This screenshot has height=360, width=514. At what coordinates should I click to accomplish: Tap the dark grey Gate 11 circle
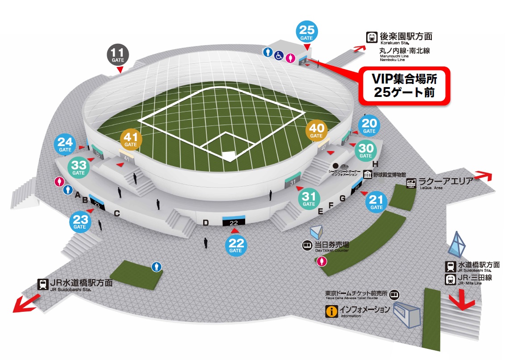coord(117,55)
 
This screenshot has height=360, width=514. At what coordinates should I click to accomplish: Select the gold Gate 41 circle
coord(131,139)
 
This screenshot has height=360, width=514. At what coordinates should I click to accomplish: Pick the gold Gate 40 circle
coord(316,131)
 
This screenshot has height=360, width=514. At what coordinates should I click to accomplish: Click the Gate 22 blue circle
coord(235,245)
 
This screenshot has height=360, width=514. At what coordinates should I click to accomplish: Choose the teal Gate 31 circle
coord(309,199)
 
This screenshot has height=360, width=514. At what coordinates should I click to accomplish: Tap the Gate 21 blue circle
coord(376,202)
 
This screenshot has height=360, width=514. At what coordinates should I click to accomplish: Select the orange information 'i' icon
coord(331,311)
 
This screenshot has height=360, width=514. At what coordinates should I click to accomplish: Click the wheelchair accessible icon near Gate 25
coord(279,56)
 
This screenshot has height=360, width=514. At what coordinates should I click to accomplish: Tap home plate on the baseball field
coord(229,156)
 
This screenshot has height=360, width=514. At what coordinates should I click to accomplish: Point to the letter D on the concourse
coord(206,223)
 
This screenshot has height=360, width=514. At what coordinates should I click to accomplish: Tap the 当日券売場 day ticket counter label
coord(331,245)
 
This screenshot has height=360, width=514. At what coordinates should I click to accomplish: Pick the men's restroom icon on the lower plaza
coord(156,267)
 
